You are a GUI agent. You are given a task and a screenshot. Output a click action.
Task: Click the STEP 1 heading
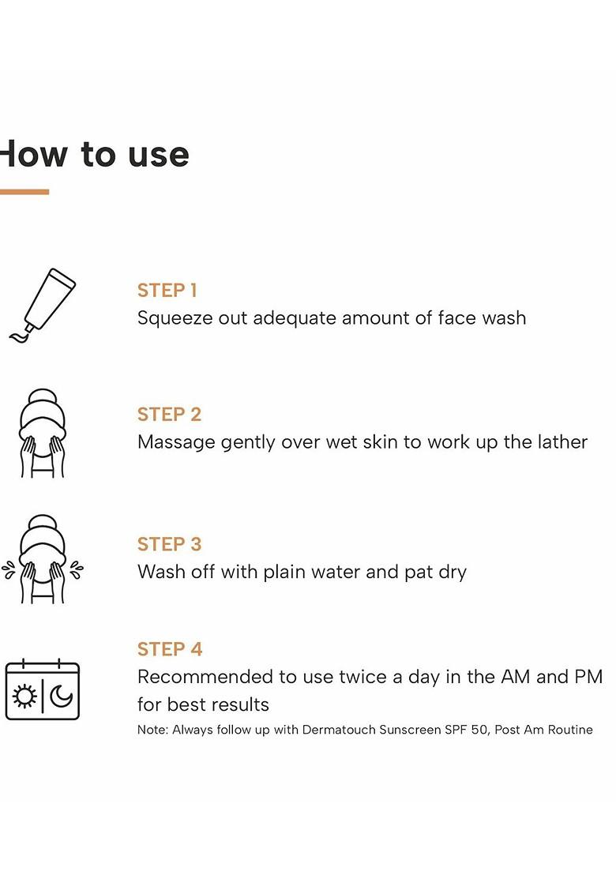pyautogui.click(x=167, y=290)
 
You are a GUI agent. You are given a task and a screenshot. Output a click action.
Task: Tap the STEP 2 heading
pyautogui.click(x=169, y=414)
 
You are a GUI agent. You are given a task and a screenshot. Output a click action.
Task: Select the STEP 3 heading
pyautogui.click(x=169, y=544)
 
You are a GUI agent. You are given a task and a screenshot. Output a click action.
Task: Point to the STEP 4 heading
pyautogui.click(x=170, y=649)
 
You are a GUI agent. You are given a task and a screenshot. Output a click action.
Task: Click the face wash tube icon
pyautogui.click(x=43, y=306)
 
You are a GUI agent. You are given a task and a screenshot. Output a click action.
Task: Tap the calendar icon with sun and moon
pyautogui.click(x=43, y=689)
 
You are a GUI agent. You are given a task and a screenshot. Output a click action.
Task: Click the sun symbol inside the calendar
pyautogui.click(x=24, y=697)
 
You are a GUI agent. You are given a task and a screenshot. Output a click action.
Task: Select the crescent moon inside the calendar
pyautogui.click(x=61, y=697)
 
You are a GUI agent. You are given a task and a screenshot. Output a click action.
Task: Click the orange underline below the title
pyautogui.click(x=24, y=192)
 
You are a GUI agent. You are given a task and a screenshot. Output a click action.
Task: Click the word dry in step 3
pyautogui.click(x=453, y=573)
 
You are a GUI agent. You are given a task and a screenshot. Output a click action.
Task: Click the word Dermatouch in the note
pyautogui.click(x=339, y=730)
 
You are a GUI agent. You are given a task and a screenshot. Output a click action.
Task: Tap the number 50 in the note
pyautogui.click(x=479, y=730)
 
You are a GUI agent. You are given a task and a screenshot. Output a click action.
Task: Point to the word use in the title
pyautogui.click(x=159, y=155)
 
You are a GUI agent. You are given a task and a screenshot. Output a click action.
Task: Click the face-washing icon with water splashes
pyautogui.click(x=43, y=558)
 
